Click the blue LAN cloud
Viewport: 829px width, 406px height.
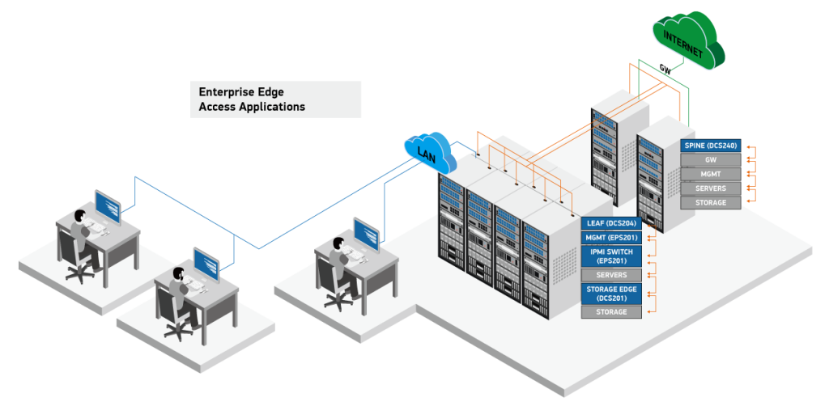tap(430, 152)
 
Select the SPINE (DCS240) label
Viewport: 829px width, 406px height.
tap(711, 145)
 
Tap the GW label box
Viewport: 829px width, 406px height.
tap(711, 159)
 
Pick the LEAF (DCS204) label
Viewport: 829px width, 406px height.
tap(611, 222)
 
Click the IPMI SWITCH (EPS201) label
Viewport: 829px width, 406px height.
tap(611, 256)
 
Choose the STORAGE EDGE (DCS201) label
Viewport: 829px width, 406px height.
tap(611, 293)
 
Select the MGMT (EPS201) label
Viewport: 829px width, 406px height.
tap(611, 237)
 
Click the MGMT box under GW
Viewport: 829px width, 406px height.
tap(711, 174)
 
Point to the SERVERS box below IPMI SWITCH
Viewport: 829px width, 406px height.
tap(611, 275)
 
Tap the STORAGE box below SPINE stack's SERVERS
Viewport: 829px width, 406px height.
tap(711, 202)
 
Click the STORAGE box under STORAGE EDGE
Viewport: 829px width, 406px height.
tap(611, 311)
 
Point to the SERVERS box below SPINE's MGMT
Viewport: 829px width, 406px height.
tap(711, 188)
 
